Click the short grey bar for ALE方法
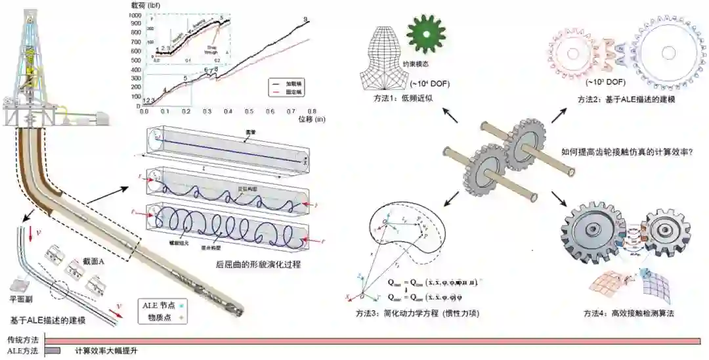pyautogui.click(x=53, y=351)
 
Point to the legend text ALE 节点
pyautogui.click(x=160, y=305)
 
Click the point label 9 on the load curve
pyautogui.click(x=306, y=18)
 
